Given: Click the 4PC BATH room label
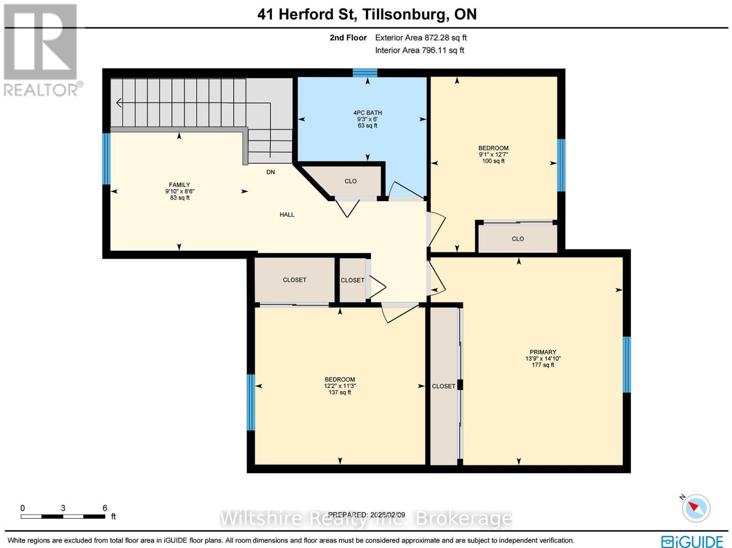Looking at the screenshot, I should [367, 113].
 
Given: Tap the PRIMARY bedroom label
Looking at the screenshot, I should [543, 352].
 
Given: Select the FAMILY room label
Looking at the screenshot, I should [179, 185].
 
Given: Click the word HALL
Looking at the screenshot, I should [287, 215].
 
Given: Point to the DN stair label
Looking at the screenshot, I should [271, 172].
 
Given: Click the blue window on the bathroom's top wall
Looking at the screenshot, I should [365, 73].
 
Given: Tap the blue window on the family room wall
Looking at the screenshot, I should [106, 158].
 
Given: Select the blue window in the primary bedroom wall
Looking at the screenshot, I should [627, 364].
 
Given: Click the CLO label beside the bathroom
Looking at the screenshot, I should [350, 181].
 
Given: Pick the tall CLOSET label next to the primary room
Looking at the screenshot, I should [444, 386].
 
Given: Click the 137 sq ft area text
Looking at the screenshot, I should [340, 392].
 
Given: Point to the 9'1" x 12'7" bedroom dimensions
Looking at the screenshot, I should [494, 155].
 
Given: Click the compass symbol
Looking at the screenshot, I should [696, 508].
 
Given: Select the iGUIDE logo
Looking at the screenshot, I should [692, 542].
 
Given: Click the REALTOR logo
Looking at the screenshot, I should [42, 50].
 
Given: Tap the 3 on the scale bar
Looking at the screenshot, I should [63, 508].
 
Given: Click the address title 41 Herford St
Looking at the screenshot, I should [307, 14].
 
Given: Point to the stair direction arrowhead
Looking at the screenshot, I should [119, 103].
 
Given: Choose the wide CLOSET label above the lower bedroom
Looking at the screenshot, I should [295, 280].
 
